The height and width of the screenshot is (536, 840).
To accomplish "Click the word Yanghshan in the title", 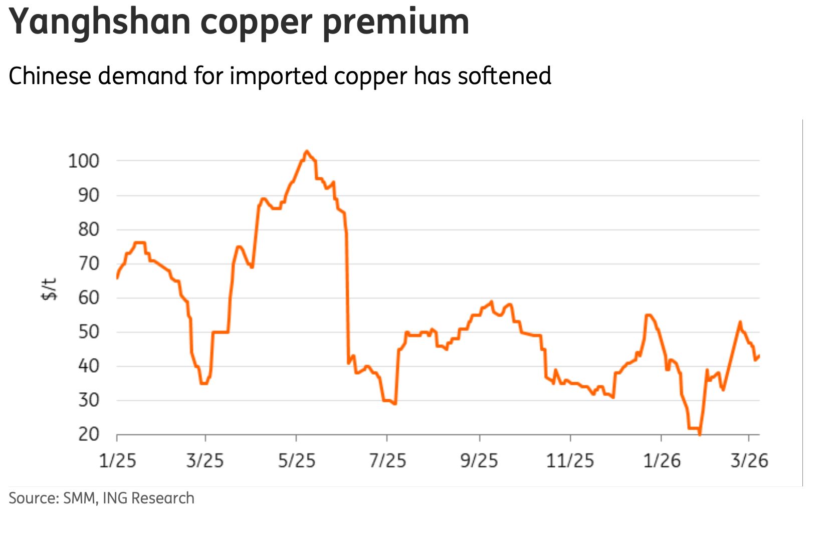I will coord(100,23).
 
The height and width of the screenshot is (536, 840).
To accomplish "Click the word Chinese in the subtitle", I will coord(50,76).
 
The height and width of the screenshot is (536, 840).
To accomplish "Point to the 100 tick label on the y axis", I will coord(84,161).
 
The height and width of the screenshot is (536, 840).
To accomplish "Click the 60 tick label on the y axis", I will coord(89,298).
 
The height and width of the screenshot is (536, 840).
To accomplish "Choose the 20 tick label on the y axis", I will coord(89,434).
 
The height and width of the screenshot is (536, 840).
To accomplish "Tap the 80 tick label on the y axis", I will coord(89,230).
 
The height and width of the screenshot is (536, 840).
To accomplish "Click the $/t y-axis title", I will coord(49,289).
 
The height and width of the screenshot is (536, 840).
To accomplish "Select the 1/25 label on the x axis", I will coord(117,460).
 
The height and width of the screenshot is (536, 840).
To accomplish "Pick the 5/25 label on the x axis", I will coord(297,460).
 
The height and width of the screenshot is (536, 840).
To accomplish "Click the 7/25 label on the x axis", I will coord(387,460).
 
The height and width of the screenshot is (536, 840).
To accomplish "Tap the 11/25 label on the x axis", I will coord(570,460).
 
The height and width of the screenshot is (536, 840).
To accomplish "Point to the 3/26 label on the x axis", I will coord(749,460).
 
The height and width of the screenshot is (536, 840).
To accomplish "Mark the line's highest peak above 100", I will coord(307,151).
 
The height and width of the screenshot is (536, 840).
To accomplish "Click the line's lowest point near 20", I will coord(700,434).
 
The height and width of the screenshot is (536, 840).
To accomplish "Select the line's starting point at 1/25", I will coord(117,278).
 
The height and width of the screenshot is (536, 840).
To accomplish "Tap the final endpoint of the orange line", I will coord(759,356).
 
